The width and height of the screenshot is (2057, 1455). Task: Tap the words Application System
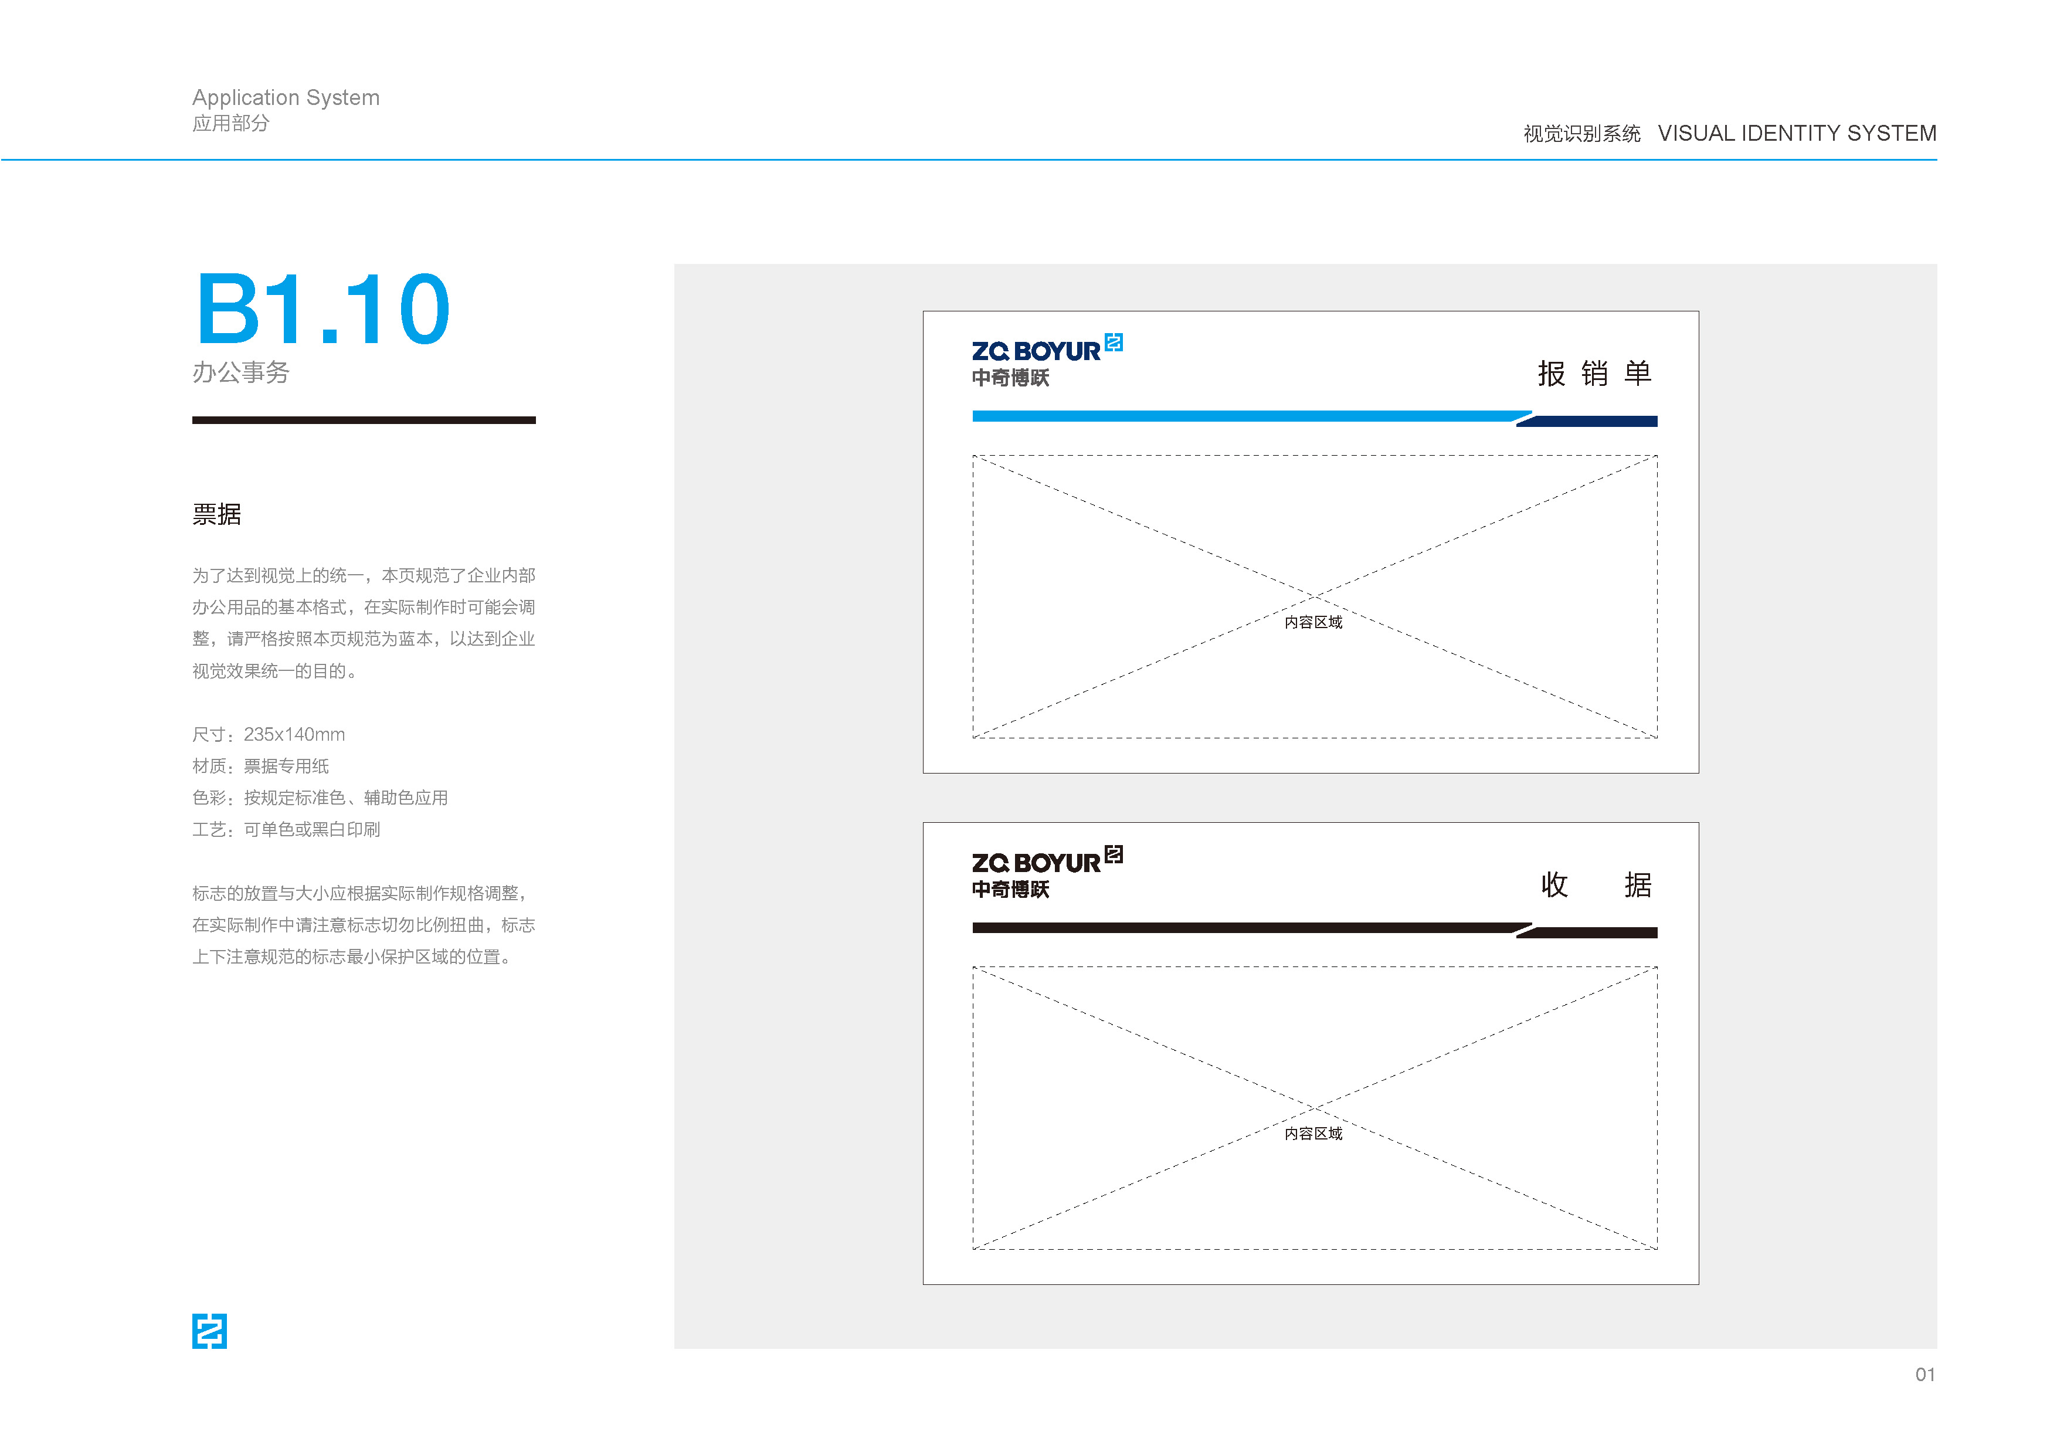286,98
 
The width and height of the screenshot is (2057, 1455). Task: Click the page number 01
1925,1375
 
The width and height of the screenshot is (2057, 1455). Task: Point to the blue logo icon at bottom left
210,1331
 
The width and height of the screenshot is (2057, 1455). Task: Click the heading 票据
217,514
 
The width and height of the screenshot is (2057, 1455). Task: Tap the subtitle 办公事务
241,372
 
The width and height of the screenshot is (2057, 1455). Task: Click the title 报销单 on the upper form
1595,373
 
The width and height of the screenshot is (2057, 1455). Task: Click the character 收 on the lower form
1554,884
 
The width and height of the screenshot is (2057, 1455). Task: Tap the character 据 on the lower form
1638,884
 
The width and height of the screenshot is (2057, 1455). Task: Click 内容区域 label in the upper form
1313,622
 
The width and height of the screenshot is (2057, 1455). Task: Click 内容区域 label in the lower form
1313,1134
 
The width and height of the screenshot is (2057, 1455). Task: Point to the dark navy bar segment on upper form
1587,421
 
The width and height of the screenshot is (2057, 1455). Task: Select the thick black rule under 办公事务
364,420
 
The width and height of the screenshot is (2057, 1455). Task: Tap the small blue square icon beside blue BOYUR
1114,342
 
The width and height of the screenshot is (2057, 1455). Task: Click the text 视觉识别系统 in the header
1582,134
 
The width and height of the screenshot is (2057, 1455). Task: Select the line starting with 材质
261,766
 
